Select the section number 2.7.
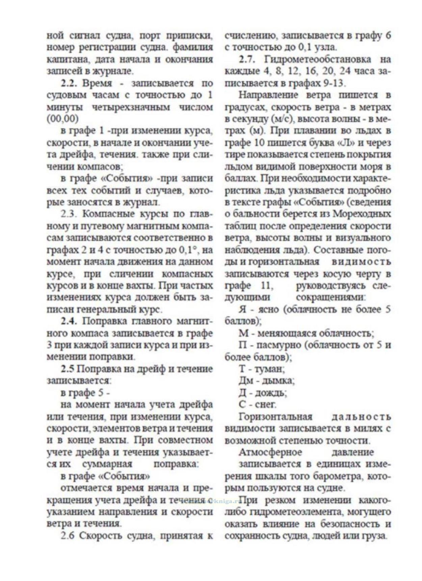tap(248, 60)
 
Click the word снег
tap(265, 404)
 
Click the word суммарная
tap(107, 464)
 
